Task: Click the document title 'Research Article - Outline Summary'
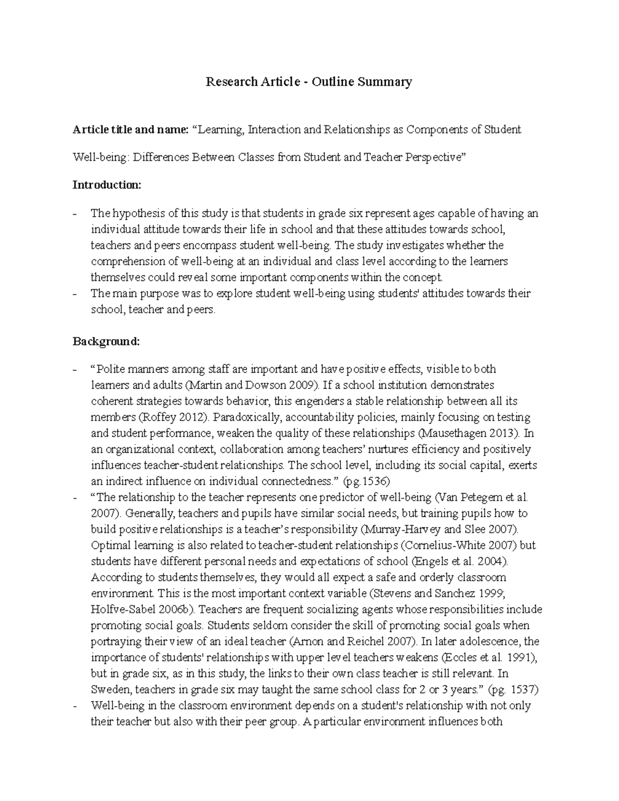point(309,81)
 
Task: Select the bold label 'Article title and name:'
point(131,129)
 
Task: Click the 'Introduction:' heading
point(107,185)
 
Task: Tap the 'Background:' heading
point(106,341)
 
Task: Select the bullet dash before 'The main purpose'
point(76,294)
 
